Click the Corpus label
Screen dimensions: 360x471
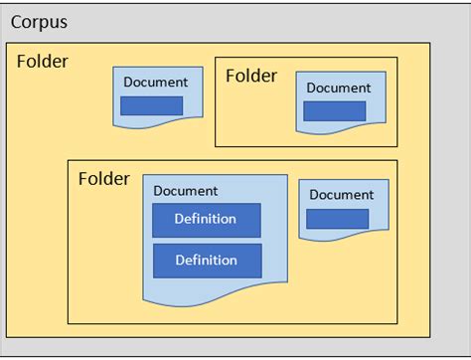39,22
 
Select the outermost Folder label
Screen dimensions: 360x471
42,62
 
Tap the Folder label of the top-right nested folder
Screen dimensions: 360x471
252,76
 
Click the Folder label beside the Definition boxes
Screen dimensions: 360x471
103,179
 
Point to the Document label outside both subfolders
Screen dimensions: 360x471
155,82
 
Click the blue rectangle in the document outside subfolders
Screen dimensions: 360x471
152,105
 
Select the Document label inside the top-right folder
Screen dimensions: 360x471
338,88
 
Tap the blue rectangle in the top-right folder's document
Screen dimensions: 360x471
334,111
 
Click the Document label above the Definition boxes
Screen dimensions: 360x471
186,190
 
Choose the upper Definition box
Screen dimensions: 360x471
206,220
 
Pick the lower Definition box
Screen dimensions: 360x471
206,261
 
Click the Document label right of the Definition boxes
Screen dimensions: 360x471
342,195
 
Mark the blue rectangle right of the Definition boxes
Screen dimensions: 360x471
337,219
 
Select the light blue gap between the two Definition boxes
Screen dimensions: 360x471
206,240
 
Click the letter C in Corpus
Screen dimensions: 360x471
17,22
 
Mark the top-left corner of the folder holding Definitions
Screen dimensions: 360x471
69,161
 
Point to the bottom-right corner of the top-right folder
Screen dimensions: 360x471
397,146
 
